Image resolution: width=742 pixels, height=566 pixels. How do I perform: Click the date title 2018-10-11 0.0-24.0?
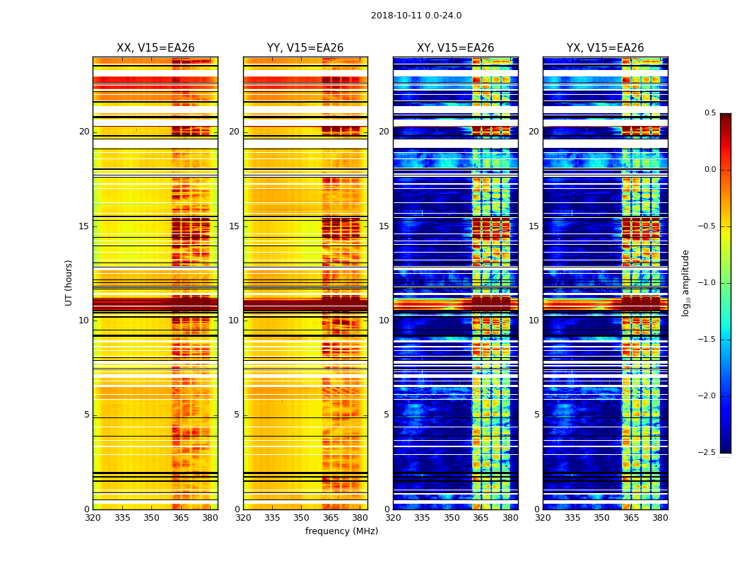tap(416, 16)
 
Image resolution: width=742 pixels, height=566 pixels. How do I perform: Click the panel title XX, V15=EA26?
tap(155, 48)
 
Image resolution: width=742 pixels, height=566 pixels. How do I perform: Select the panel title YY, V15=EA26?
tap(305, 48)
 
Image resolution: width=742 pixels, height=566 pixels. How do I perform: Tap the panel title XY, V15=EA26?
tap(455, 48)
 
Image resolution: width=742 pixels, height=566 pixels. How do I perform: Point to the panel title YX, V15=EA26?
tap(605, 48)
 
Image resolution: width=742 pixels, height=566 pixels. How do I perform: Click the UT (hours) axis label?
tap(69, 282)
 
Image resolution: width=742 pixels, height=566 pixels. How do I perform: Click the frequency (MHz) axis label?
tap(341, 531)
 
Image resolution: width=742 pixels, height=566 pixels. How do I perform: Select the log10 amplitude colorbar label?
tap(685, 282)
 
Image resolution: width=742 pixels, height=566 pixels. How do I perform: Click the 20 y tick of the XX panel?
tap(84, 132)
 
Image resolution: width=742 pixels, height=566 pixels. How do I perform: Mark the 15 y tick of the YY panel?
tap(234, 226)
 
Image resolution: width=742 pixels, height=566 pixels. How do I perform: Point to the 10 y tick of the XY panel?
tap(384, 320)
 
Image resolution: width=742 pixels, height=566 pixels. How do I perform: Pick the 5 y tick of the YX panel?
tap(536, 415)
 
